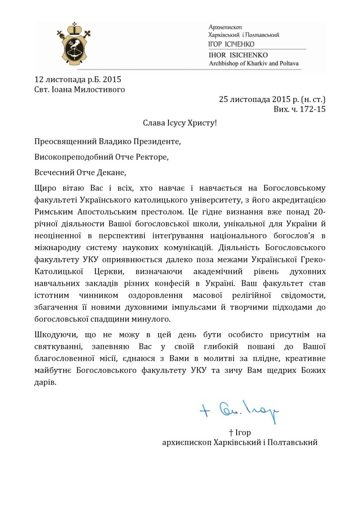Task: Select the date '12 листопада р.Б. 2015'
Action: click(x=78, y=80)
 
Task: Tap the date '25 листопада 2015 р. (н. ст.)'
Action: click(x=272, y=98)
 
